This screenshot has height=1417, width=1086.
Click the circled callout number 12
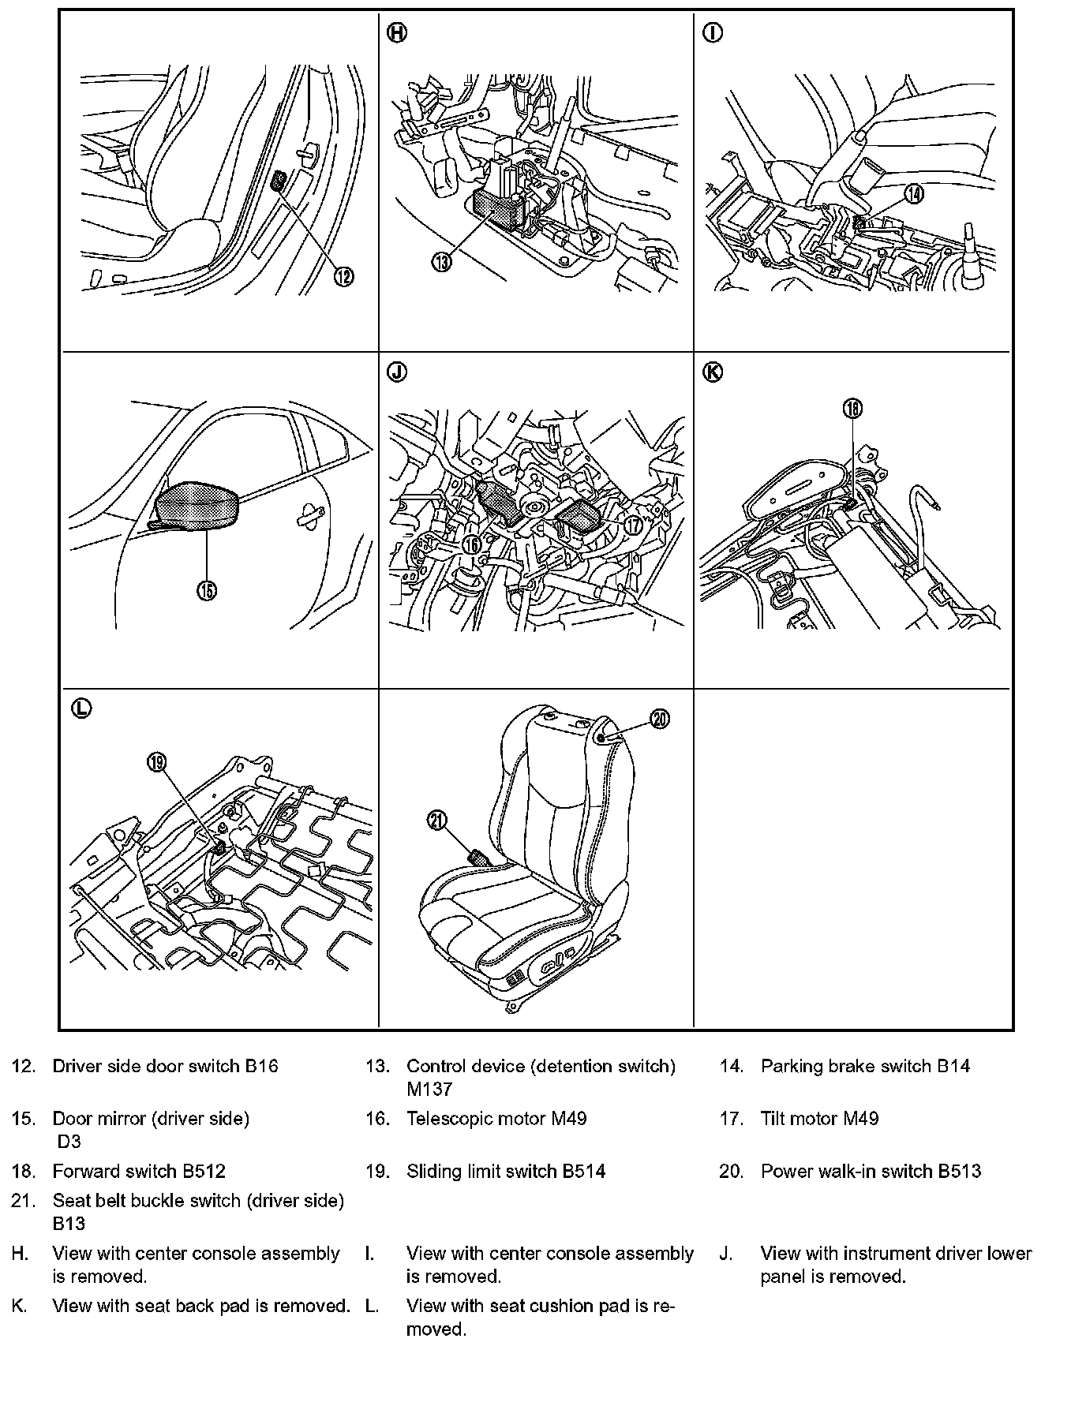343,276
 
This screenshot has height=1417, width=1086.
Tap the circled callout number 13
442,262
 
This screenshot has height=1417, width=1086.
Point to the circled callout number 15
207,591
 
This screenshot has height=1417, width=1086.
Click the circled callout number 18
852,409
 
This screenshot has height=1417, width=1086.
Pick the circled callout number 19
157,761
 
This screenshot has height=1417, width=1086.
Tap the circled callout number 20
660,718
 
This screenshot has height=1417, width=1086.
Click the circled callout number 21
437,821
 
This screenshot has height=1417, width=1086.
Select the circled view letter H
398,33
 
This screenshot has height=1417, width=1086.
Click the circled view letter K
712,372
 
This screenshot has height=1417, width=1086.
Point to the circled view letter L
81,708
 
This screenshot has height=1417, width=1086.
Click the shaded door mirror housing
197,505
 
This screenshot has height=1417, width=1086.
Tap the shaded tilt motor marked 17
580,516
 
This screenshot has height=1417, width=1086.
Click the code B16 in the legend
261,1066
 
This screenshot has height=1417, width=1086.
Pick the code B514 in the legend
583,1172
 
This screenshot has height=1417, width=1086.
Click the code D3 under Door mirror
69,1142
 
